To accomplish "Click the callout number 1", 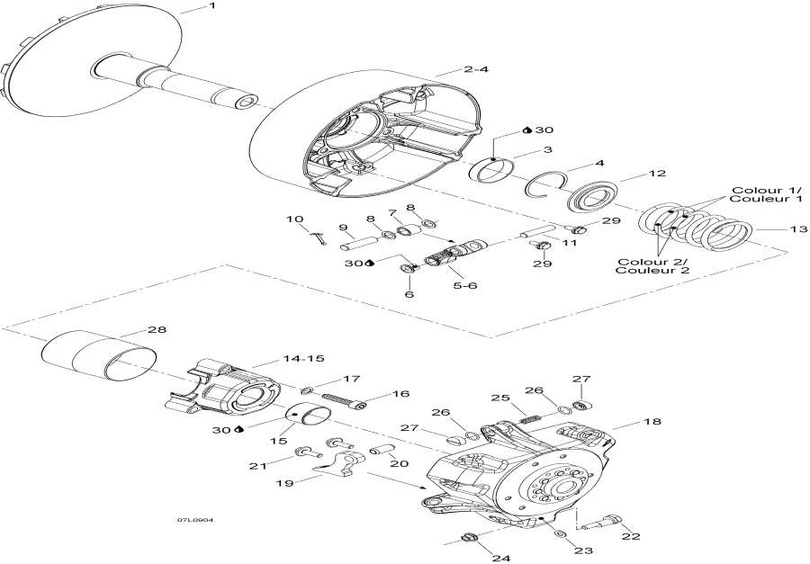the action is (x=211, y=5).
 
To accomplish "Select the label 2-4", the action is (x=475, y=69).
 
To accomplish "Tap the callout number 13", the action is (x=797, y=228).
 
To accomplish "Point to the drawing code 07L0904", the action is (x=194, y=520).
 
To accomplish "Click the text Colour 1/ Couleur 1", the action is (x=767, y=194).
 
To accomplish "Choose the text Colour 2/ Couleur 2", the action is (x=653, y=266).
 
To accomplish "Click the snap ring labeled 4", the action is (x=545, y=183).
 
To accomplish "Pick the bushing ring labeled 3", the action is (x=491, y=169).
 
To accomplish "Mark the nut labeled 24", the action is (x=468, y=537).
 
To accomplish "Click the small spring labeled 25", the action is (x=528, y=419).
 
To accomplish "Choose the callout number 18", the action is (x=652, y=422).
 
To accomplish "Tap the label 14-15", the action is (x=303, y=358).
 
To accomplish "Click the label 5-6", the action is (x=465, y=284).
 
